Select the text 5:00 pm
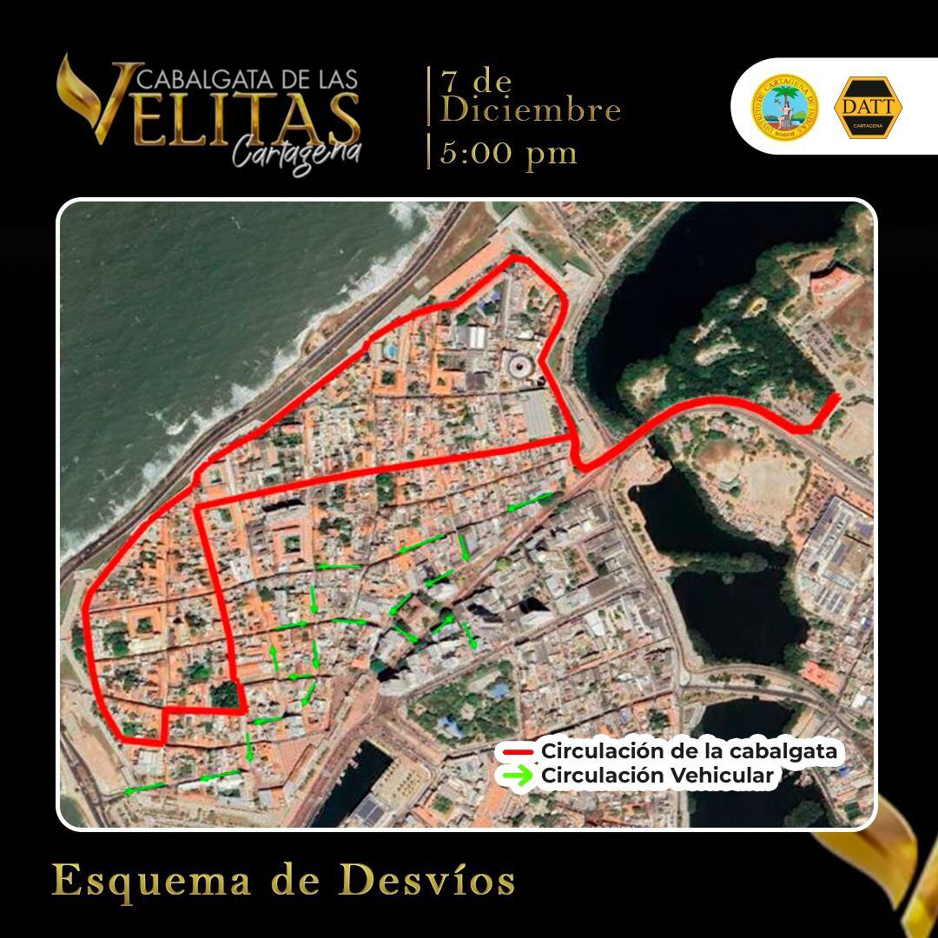[508, 153]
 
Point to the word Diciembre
[532, 110]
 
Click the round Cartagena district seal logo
[784, 107]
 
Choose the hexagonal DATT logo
[868, 108]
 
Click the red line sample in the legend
[515, 751]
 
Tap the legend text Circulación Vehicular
[657, 776]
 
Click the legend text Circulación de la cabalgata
[690, 750]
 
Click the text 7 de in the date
[476, 82]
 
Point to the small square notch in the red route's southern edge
[163, 728]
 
